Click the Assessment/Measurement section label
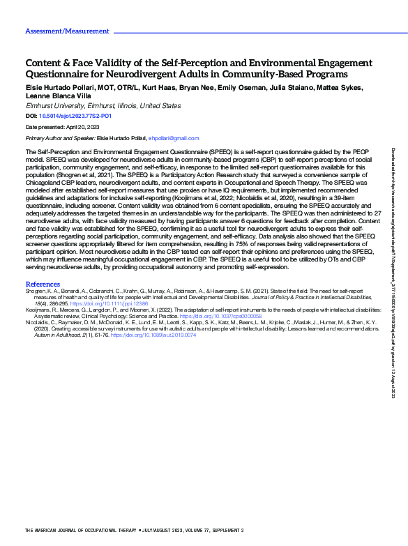tap(67, 31)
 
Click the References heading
tap(43, 264)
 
